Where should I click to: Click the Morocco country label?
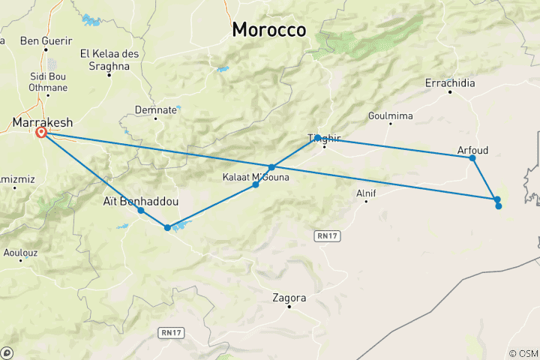tap(268, 30)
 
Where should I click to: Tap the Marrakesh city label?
tap(41, 122)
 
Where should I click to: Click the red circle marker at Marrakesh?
tap(41, 133)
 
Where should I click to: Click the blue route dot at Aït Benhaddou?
tap(141, 211)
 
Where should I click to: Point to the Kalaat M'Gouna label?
tap(251, 177)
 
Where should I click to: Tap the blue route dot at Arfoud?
tap(472, 157)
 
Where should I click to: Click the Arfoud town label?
tap(472, 150)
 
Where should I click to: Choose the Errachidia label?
tap(450, 83)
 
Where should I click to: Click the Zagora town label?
tap(289, 297)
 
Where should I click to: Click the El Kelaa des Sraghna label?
tap(109, 60)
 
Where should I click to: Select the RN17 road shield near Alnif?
tap(323, 235)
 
